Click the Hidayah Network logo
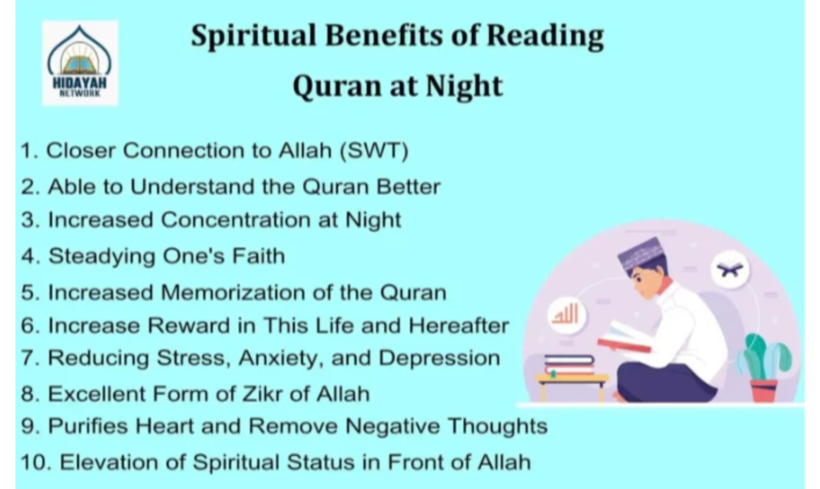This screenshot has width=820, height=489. tap(80, 63)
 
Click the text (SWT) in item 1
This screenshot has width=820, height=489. tap(374, 150)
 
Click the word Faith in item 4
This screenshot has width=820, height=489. tap(258, 256)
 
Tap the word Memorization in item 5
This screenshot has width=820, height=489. tap(234, 292)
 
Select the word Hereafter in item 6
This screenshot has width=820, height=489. tap(459, 325)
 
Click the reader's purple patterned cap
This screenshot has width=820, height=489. tap(640, 253)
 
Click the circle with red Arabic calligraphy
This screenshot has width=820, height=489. tap(566, 315)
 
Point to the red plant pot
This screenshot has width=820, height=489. tap(764, 390)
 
